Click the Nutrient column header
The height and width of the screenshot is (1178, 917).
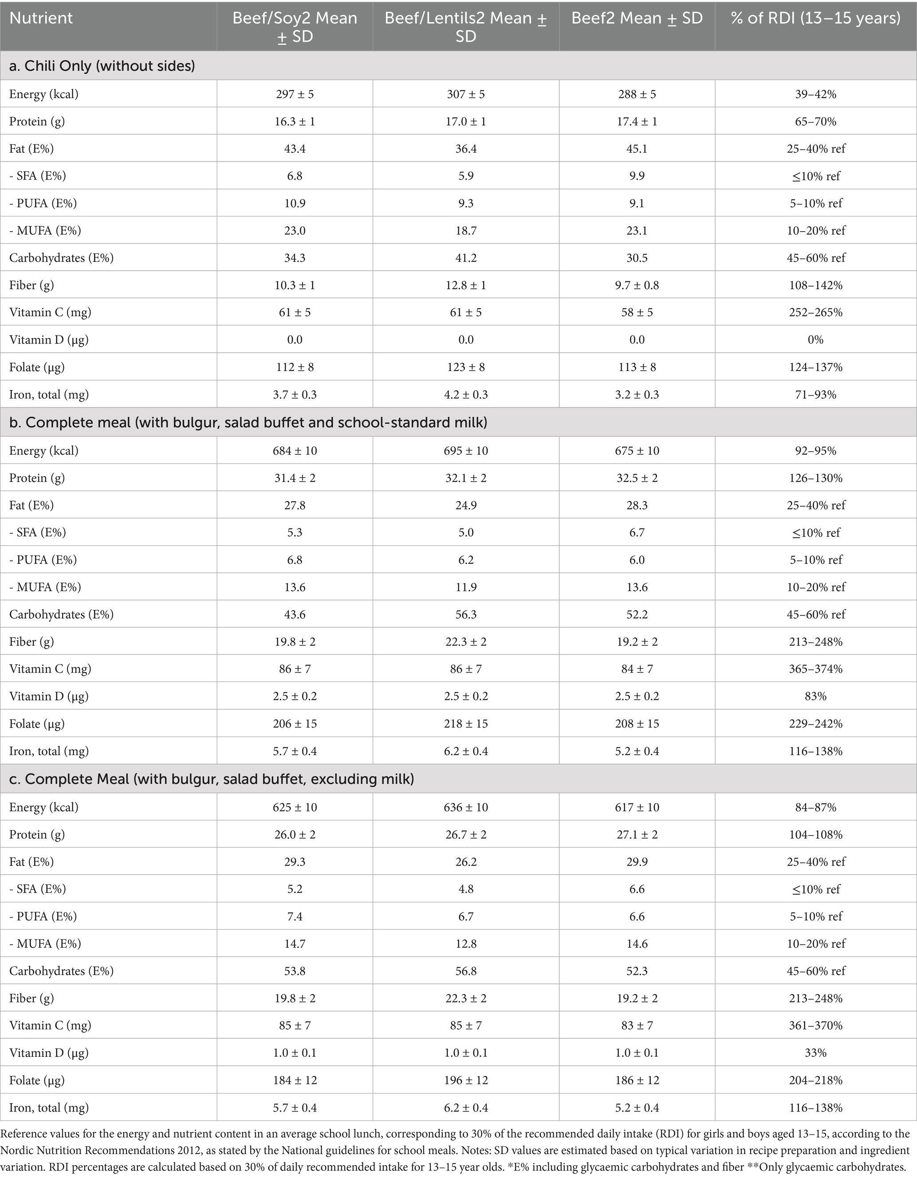tap(41, 18)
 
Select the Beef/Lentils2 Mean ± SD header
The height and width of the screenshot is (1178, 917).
tap(465, 27)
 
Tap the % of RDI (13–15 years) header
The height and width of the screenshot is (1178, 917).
tap(815, 18)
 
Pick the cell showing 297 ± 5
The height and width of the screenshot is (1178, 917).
tap(295, 95)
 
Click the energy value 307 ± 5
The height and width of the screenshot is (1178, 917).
tap(465, 95)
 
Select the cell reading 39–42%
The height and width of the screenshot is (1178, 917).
tap(815, 95)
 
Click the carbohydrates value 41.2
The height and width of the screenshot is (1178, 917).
tap(465, 258)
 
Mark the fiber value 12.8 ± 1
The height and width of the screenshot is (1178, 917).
tap(465, 285)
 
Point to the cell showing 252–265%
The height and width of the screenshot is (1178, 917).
tap(815, 313)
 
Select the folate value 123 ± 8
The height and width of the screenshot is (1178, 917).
tap(465, 367)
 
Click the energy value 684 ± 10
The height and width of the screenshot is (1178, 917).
tap(295, 451)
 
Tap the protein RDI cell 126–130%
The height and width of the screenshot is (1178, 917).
tap(815, 478)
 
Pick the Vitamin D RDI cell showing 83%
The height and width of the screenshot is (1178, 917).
tap(815, 696)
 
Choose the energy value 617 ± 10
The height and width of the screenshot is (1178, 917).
tap(637, 808)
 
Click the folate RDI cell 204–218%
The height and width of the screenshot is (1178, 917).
tap(815, 1080)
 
